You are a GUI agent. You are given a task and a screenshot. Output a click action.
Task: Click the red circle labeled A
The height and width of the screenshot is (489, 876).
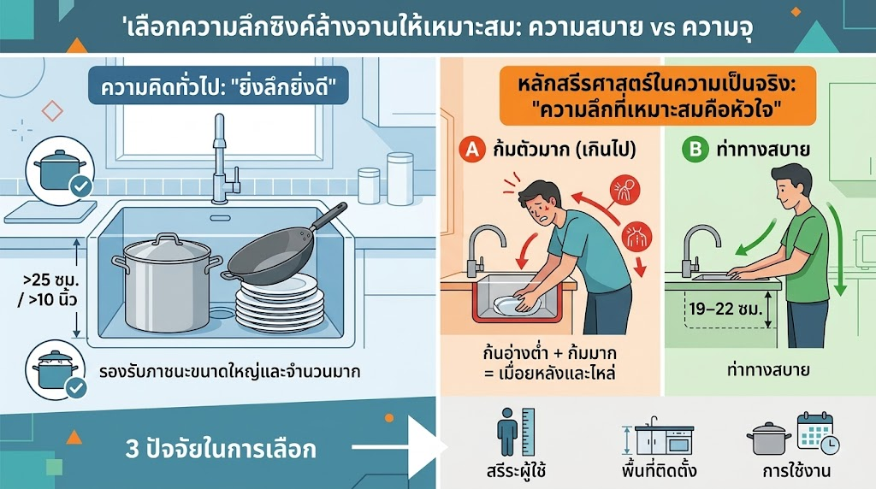(472, 150)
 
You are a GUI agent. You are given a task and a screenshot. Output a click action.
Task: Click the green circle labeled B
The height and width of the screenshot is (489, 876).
(695, 150)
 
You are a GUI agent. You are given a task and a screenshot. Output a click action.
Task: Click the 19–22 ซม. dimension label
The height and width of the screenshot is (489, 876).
(725, 309)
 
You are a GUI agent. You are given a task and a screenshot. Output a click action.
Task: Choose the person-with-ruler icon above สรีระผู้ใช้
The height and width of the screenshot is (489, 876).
(515, 432)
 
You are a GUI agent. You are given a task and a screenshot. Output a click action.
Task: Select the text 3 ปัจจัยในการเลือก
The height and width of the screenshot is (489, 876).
(221, 450)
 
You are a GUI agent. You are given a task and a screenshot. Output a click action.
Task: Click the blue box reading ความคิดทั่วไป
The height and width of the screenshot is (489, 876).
(218, 85)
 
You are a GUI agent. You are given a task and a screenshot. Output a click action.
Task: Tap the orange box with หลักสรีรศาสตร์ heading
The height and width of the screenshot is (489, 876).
(658, 95)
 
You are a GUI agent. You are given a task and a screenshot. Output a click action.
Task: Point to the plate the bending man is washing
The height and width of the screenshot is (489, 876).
(518, 304)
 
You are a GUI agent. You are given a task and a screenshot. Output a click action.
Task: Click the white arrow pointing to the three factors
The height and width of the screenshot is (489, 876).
(400, 447)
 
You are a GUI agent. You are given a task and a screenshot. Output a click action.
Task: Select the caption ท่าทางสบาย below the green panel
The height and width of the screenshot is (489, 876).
(769, 370)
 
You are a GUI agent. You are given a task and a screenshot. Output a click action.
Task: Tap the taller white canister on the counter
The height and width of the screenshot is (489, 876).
(400, 179)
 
